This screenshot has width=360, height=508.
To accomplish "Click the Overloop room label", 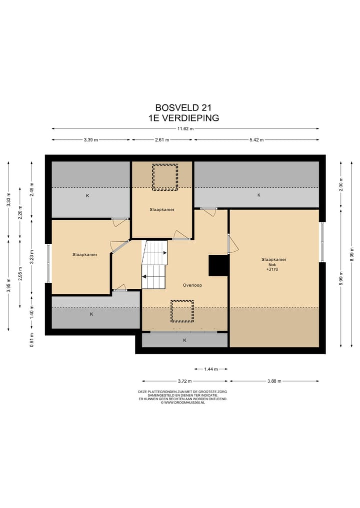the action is (x=192, y=285).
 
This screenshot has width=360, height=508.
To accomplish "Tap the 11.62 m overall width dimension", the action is (x=185, y=128).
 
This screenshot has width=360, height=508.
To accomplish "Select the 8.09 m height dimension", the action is (x=352, y=254).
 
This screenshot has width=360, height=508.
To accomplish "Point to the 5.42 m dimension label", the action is (x=256, y=140).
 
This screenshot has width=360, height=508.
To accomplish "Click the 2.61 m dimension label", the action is (x=162, y=140).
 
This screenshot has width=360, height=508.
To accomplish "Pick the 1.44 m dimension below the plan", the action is (x=211, y=369).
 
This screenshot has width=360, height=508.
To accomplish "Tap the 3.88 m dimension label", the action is (x=274, y=381).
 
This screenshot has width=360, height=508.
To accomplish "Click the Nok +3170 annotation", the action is (x=272, y=267).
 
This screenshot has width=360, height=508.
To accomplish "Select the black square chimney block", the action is (x=218, y=266).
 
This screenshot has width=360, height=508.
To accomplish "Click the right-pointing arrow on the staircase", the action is (x=165, y=253).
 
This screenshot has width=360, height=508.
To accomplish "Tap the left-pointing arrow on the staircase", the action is (x=143, y=277).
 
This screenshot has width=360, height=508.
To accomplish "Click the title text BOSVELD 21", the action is (x=183, y=107).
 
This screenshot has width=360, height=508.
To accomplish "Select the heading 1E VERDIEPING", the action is (x=183, y=118).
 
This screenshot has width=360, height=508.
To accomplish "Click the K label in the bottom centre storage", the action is (x=185, y=340).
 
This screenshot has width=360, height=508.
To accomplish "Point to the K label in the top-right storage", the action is (x=259, y=195).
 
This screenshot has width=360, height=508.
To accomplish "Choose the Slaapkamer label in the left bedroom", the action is (x=85, y=255).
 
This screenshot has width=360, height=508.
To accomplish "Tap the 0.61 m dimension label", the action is (x=32, y=340).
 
